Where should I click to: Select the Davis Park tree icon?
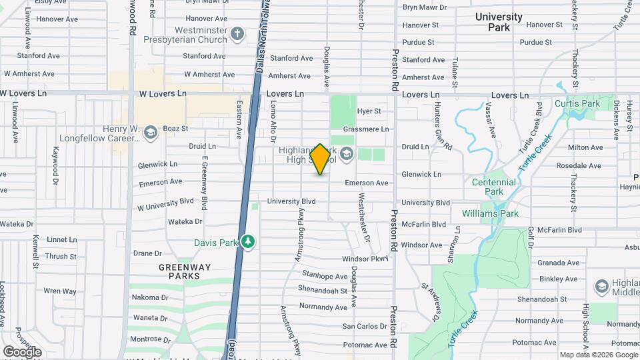click(x=248, y=241)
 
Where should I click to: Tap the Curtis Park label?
click(x=577, y=104)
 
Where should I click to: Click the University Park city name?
click(x=499, y=22)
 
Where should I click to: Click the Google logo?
click(x=21, y=351)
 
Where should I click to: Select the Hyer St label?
click(x=369, y=111)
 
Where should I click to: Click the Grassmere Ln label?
click(x=365, y=129)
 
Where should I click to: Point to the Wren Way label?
click(x=59, y=291)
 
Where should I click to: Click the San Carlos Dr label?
click(x=365, y=327)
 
